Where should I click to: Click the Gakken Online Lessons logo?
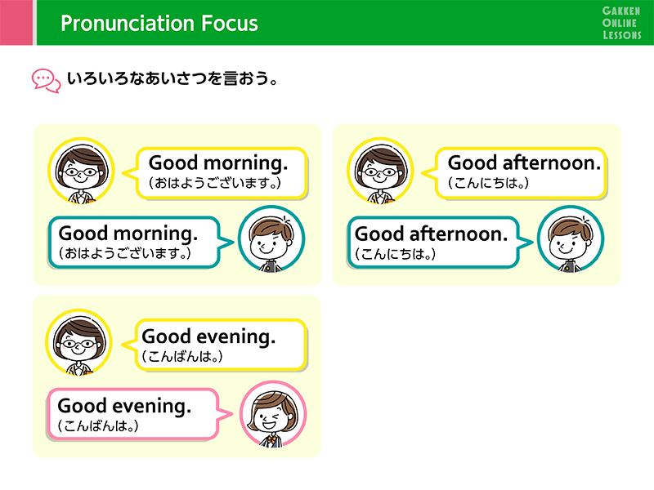[621, 23]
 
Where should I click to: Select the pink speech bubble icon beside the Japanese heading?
[47, 81]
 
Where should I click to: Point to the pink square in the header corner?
[16, 23]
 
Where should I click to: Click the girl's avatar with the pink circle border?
[273, 415]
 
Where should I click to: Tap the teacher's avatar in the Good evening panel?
[78, 342]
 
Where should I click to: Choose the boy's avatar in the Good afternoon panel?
[571, 239]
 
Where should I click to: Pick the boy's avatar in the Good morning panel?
[271, 239]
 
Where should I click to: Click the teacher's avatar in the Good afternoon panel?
[380, 171]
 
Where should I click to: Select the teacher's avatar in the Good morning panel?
[81, 171]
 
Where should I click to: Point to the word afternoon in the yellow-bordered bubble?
[552, 163]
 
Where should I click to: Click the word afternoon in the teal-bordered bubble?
[459, 234]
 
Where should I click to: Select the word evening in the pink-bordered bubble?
[152, 407]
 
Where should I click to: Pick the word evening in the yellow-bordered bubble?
[235, 337]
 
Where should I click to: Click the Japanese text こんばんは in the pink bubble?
[98, 425]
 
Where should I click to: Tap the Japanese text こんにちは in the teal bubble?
[396, 254]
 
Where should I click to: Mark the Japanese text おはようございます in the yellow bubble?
[214, 183]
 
